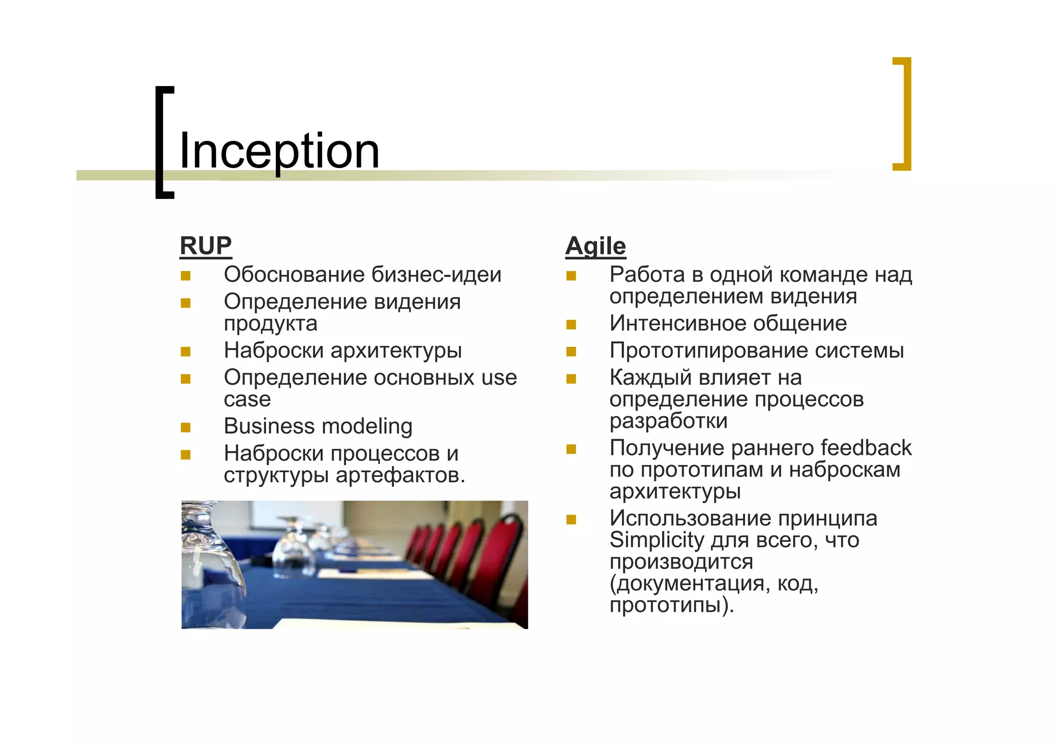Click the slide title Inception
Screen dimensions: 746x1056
[279, 151]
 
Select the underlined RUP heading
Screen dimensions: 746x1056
[206, 246]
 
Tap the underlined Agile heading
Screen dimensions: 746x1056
[596, 246]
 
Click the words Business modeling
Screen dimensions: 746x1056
[318, 426]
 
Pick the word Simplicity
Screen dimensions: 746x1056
[656, 540]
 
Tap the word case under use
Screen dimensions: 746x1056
[247, 399]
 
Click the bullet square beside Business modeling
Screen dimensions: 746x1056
[186, 427]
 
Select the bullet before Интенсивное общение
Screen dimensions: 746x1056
[571, 325]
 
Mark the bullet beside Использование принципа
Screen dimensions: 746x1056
[571, 520]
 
